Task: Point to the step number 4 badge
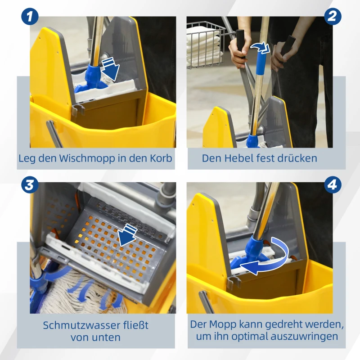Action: pyautogui.click(x=332, y=184)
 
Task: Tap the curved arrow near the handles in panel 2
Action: pyautogui.click(x=260, y=48)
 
